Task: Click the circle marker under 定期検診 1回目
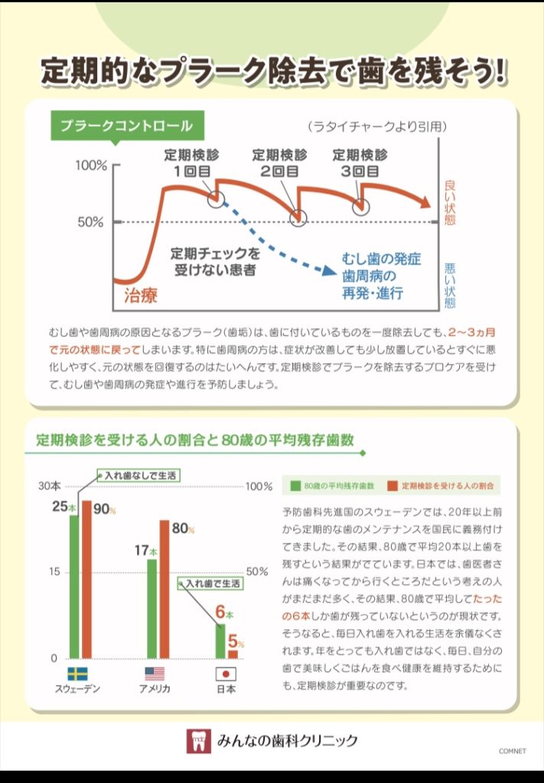click(x=217, y=199)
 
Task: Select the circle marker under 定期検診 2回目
click(x=299, y=217)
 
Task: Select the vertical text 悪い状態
click(x=450, y=284)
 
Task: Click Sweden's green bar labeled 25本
click(x=74, y=586)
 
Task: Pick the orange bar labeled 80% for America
click(x=164, y=589)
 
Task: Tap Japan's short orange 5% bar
click(x=233, y=654)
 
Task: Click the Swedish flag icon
click(x=77, y=674)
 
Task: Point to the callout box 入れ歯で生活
click(x=213, y=583)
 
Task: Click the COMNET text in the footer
click(x=513, y=751)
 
